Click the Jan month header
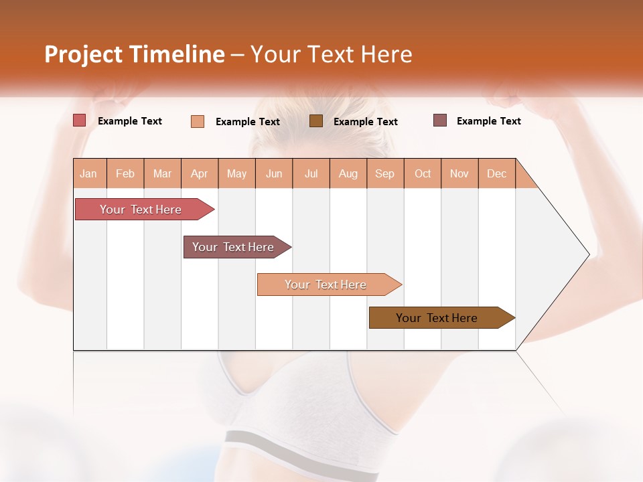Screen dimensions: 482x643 pyautogui.click(x=89, y=173)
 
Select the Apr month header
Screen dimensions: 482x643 pyautogui.click(x=200, y=173)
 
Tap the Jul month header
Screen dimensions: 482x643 pyautogui.click(x=311, y=173)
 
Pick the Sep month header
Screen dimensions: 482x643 pyautogui.click(x=384, y=173)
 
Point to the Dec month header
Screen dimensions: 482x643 pyautogui.click(x=496, y=173)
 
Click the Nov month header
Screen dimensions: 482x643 pyautogui.click(x=459, y=173)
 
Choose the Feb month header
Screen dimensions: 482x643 pyautogui.click(x=125, y=173)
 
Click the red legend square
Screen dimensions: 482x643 pyautogui.click(x=80, y=120)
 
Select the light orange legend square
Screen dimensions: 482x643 pyautogui.click(x=198, y=121)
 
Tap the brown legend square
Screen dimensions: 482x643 pyautogui.click(x=316, y=120)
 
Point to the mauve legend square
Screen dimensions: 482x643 pyautogui.click(x=440, y=120)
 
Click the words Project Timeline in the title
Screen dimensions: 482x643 pyautogui.click(x=134, y=54)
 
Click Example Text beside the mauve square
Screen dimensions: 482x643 pyautogui.click(x=488, y=121)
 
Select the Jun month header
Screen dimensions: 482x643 pyautogui.click(x=274, y=173)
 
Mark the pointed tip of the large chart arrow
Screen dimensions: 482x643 pyautogui.click(x=588, y=254)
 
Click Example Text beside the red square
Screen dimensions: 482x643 pyautogui.click(x=129, y=121)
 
